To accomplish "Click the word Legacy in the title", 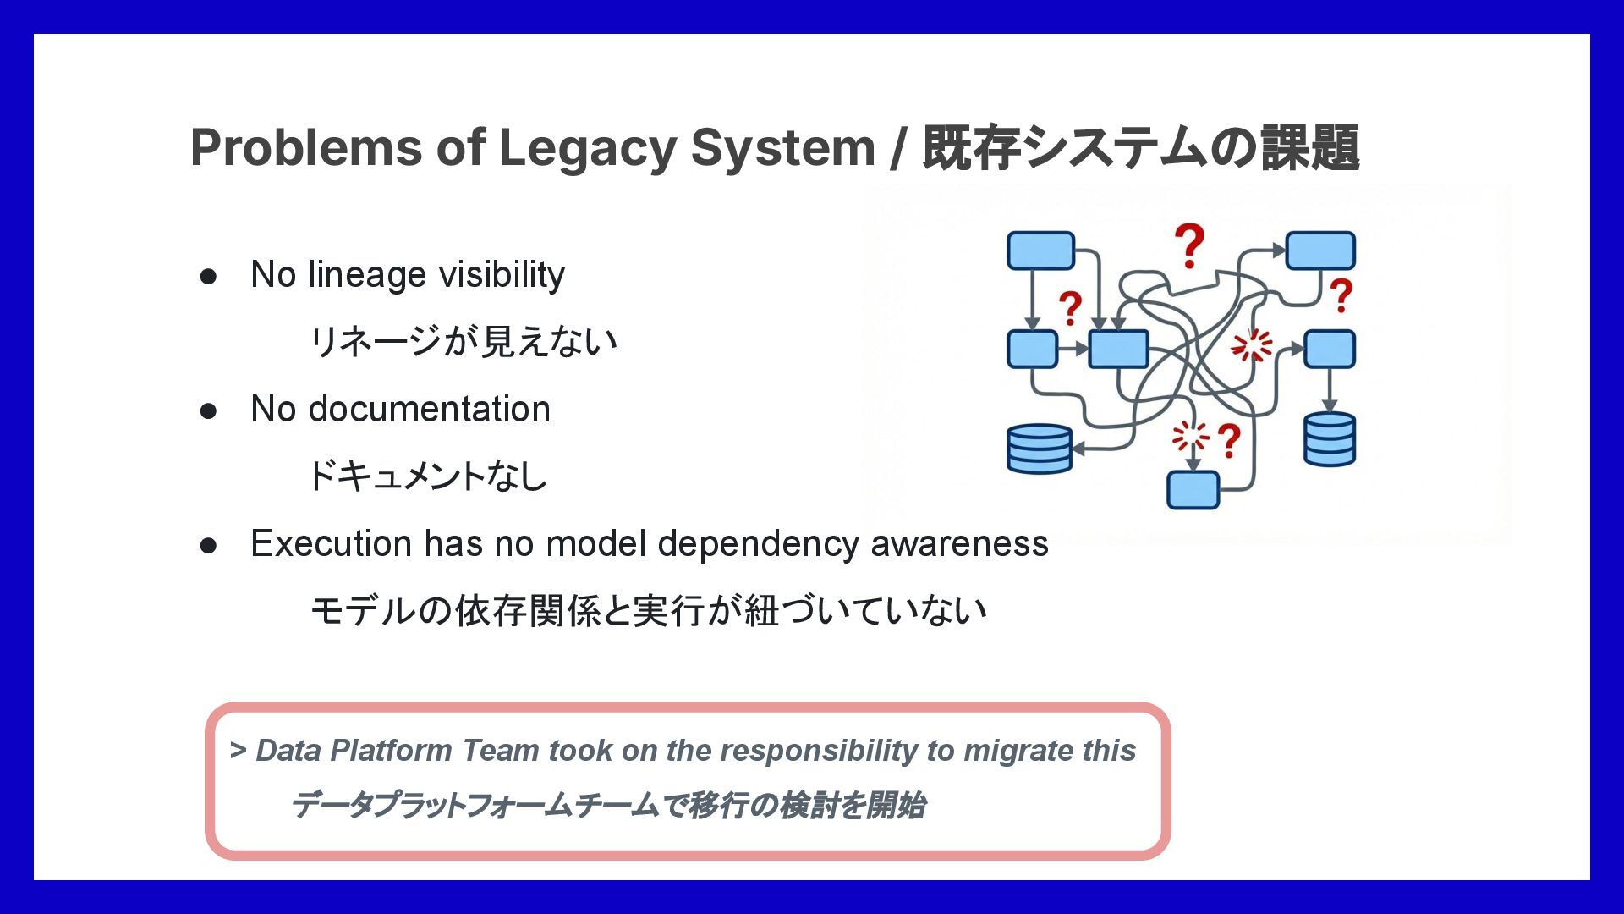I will (x=587, y=148).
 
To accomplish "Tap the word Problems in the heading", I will (x=304, y=148).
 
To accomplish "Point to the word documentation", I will (x=429, y=410).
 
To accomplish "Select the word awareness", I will (x=959, y=544).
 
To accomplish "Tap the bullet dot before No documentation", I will (x=208, y=411).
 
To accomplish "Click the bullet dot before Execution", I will (x=208, y=546).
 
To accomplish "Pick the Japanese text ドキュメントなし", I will (x=427, y=476).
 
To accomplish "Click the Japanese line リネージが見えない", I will (x=463, y=342).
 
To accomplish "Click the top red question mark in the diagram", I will (x=1189, y=245).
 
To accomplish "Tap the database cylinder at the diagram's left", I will (x=1040, y=449).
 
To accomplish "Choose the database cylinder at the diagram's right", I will (x=1329, y=439).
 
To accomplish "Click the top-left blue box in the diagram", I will (x=1040, y=251).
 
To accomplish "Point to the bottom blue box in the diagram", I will (x=1193, y=490).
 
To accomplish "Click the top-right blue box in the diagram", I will (x=1319, y=251).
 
